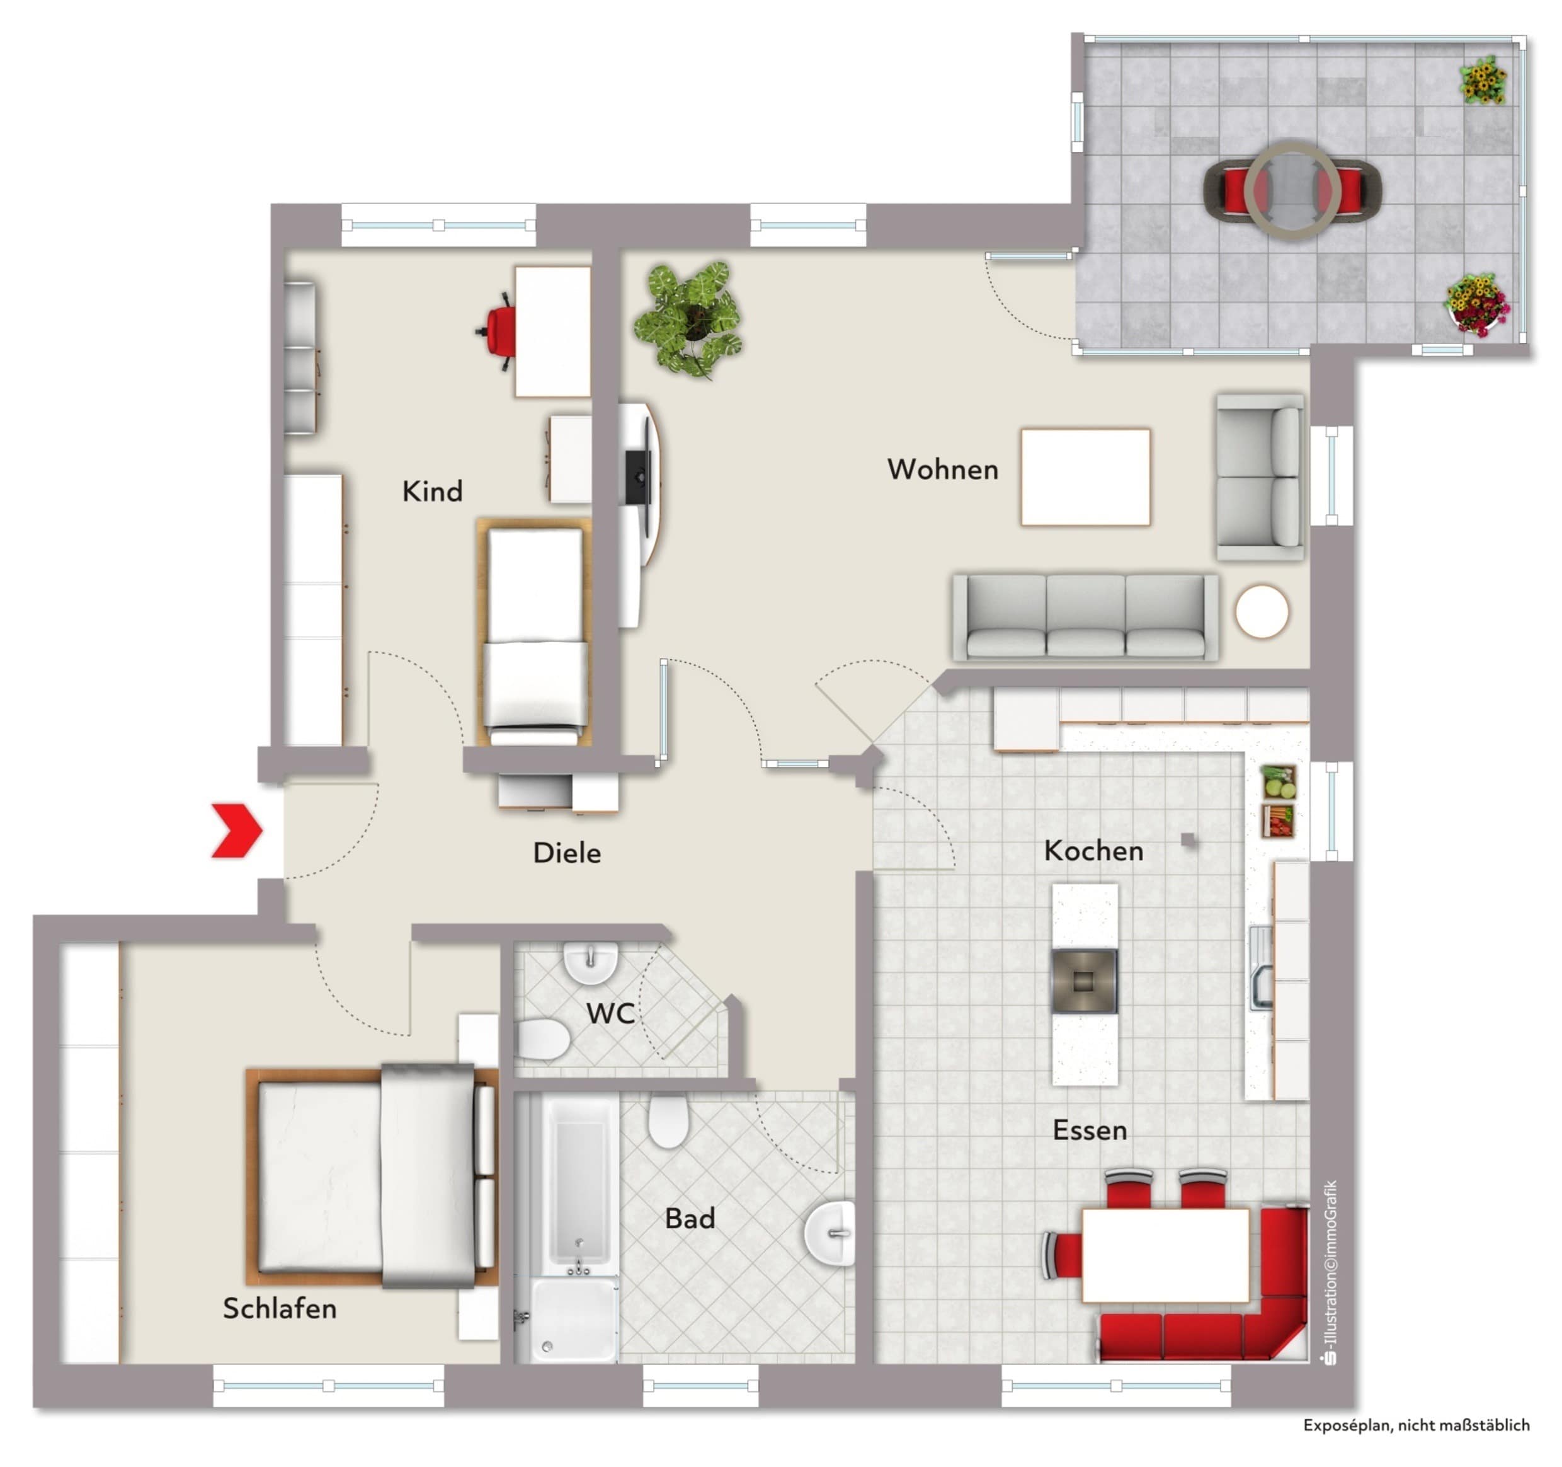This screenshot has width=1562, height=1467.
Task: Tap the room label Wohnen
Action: pyautogui.click(x=943, y=469)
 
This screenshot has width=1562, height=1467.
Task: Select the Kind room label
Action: pyautogui.click(x=432, y=492)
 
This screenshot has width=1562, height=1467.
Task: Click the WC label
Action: pyautogui.click(x=610, y=1013)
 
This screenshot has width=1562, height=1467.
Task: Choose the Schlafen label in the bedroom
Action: pyautogui.click(x=280, y=1308)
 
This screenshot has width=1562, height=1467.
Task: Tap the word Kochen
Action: pyautogui.click(x=1093, y=851)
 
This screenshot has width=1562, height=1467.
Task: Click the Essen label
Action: pyautogui.click(x=1090, y=1130)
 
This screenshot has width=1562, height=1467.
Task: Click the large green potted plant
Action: pyautogui.click(x=689, y=318)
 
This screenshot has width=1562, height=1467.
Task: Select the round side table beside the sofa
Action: pyautogui.click(x=1261, y=611)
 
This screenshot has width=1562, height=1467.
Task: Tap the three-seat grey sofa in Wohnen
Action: pyautogui.click(x=1085, y=617)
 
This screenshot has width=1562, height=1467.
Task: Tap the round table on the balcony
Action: pyautogui.click(x=1292, y=190)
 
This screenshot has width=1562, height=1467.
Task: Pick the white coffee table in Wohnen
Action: pyautogui.click(x=1085, y=476)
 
